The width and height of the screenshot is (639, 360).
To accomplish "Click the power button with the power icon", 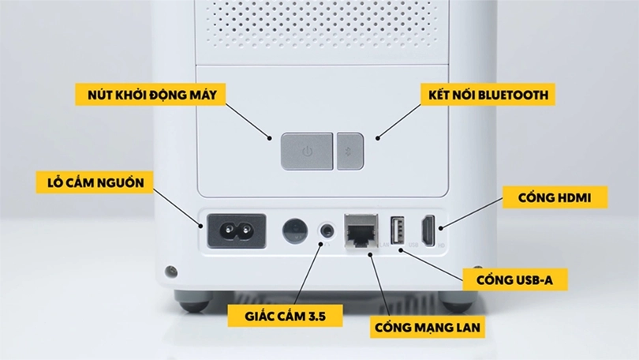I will (x=307, y=150).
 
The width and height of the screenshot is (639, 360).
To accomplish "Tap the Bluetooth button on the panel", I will (x=349, y=150).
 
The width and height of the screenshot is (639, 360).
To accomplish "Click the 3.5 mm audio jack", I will (x=326, y=231).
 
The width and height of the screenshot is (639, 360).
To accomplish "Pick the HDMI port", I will (x=428, y=231).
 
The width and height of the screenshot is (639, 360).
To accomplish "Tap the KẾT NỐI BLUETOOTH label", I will (x=484, y=96).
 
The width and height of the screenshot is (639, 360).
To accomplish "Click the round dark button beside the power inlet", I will (x=295, y=230).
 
